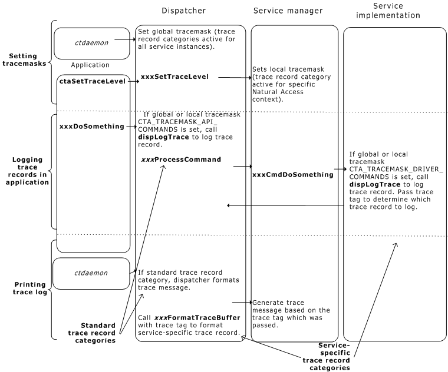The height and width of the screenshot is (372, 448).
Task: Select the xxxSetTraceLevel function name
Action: click(x=174, y=77)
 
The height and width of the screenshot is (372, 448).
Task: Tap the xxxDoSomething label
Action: click(x=92, y=126)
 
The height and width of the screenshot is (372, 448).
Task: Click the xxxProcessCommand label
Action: click(x=181, y=160)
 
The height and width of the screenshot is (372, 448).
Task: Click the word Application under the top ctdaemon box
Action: click(x=90, y=65)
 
